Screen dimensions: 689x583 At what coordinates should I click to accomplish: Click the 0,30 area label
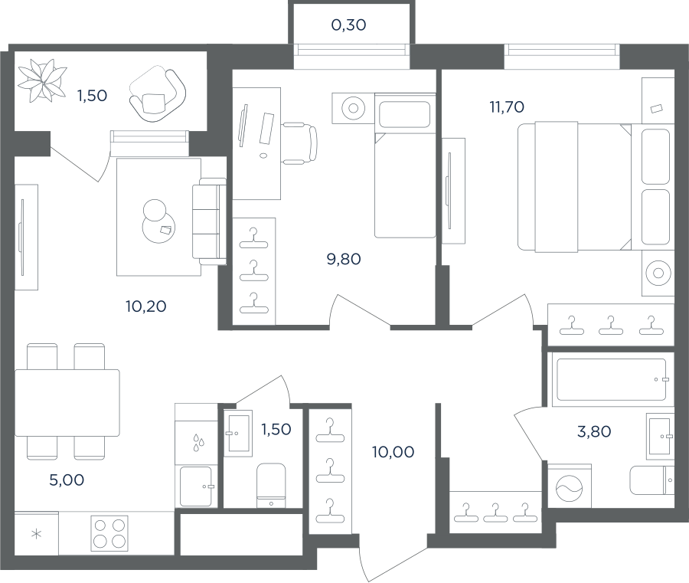[348, 25]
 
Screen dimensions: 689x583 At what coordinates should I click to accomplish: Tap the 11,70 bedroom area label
[507, 106]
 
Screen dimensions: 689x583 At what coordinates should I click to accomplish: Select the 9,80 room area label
[344, 259]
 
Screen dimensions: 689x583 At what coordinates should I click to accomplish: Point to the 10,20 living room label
[146, 306]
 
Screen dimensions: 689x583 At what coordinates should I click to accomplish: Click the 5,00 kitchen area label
[67, 480]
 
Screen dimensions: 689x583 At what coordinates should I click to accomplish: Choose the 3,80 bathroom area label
[594, 431]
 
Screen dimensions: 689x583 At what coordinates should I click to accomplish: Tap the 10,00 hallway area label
[393, 451]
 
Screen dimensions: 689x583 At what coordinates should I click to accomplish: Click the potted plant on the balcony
[42, 80]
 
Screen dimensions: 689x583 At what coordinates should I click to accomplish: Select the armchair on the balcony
[157, 93]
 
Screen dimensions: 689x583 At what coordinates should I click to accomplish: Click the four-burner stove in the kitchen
[109, 533]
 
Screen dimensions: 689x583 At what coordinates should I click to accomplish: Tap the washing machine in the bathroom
[570, 486]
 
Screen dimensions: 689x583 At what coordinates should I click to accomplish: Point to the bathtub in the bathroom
[612, 379]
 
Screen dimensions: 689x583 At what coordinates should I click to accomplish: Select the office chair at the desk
[299, 144]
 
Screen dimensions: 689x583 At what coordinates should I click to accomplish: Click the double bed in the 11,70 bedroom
[575, 188]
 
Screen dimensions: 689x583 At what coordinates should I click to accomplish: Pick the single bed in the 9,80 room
[405, 165]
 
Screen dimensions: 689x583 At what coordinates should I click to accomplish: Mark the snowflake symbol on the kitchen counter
[37, 535]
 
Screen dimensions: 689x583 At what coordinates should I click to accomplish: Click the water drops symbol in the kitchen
[198, 442]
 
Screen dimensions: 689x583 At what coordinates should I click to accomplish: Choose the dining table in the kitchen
[67, 403]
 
